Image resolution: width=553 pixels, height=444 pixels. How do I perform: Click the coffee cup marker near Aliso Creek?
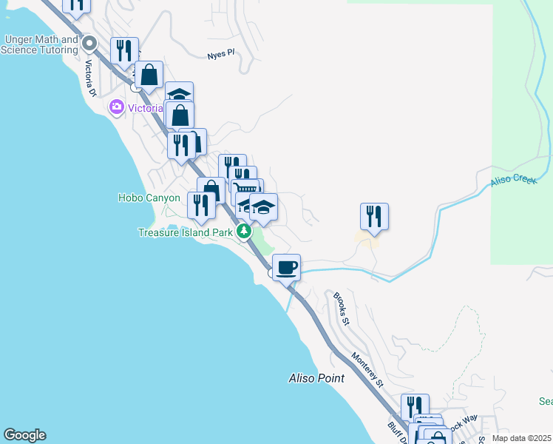click(286, 266)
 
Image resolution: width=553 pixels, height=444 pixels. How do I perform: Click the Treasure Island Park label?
click(186, 232)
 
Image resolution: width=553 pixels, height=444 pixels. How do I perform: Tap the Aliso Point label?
click(316, 378)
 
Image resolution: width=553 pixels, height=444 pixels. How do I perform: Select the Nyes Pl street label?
click(220, 54)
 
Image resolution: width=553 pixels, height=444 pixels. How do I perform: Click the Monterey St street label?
click(368, 369)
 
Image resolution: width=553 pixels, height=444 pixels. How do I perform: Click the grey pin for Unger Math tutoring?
click(90, 43)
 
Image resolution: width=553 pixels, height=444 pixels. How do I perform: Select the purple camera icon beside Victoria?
click(116, 108)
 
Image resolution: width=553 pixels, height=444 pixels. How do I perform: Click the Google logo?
click(24, 435)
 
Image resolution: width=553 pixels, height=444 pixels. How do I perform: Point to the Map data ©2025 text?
click(520, 438)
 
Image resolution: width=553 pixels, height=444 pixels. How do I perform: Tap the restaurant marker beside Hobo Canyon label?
click(201, 204)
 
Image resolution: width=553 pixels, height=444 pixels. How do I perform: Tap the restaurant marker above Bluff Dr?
click(415, 406)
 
